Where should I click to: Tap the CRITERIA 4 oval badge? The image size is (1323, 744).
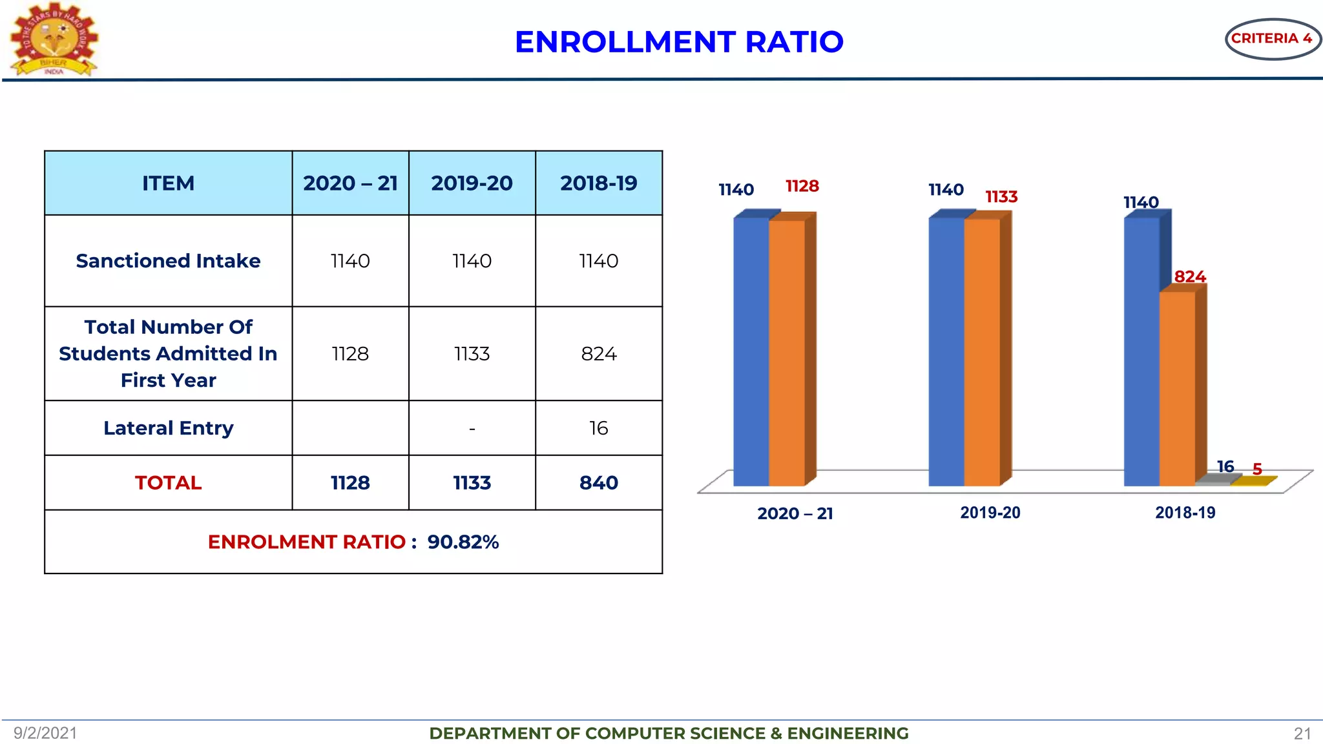1271,39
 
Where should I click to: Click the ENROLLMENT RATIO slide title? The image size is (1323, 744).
679,42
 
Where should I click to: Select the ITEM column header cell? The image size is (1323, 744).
168,183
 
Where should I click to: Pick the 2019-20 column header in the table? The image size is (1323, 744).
472,183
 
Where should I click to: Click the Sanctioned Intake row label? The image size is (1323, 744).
168,261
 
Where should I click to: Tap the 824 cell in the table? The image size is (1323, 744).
598,354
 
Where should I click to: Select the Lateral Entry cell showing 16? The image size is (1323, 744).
598,428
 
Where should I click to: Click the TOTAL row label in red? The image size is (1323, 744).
168,483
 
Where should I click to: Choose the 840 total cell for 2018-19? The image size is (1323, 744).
598,483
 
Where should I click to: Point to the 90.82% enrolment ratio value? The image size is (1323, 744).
463,542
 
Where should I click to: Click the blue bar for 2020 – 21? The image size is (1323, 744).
751,352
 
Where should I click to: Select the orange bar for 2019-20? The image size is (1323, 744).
982,352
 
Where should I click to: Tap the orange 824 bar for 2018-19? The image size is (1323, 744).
1177,387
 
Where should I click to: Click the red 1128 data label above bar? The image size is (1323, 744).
802,187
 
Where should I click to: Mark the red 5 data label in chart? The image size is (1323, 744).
1257,469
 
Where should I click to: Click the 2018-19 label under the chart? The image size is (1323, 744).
1185,513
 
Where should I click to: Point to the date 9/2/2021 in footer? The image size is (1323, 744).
45,733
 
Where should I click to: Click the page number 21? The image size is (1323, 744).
1302,734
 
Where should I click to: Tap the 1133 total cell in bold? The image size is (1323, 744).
472,483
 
